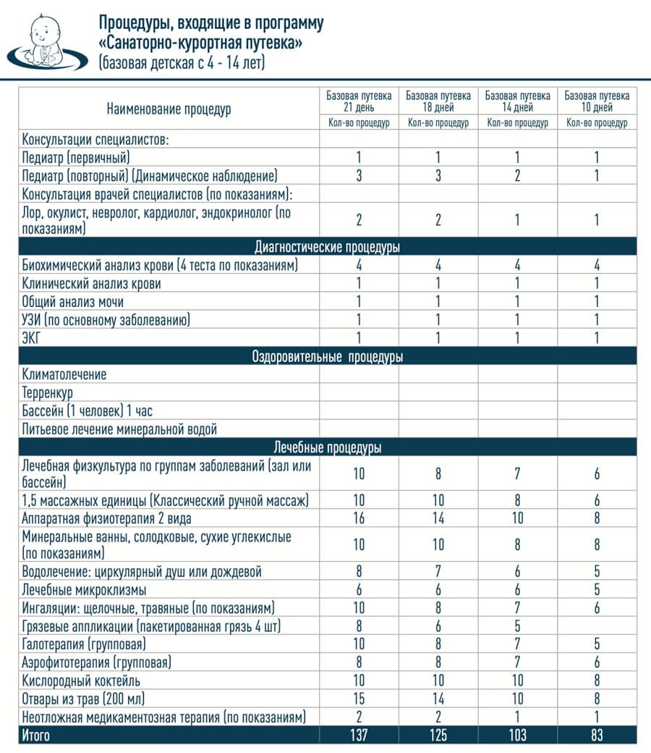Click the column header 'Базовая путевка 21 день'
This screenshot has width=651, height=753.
point(359,101)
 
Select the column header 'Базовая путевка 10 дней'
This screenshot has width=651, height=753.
point(597,101)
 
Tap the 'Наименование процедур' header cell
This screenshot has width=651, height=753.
point(169,109)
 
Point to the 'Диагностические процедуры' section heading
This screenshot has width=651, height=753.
point(328,247)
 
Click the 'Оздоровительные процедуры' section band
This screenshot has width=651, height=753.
point(328,357)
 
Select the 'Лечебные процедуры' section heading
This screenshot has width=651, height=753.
point(328,447)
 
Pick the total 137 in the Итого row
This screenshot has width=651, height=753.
point(359,736)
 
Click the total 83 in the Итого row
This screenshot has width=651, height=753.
point(597,736)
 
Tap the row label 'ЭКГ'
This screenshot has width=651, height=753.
point(32,338)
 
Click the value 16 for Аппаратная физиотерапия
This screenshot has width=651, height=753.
point(359,518)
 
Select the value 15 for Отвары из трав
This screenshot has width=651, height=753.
point(359,699)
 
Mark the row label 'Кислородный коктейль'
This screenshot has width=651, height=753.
point(82,681)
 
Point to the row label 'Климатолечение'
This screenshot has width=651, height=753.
point(64,374)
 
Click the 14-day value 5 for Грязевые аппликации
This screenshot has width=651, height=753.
point(517,626)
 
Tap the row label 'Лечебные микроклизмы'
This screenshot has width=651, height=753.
point(84,590)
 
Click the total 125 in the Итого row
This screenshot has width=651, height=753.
point(438,736)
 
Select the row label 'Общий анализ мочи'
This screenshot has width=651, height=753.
point(73,302)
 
